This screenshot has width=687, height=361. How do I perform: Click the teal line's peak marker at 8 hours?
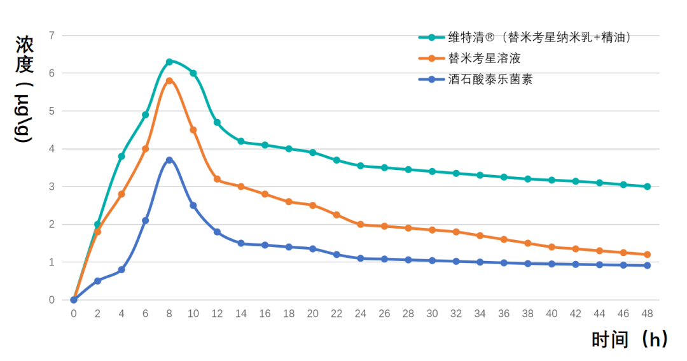pyautogui.click(x=169, y=62)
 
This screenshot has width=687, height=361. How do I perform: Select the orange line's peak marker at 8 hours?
pyautogui.click(x=169, y=81)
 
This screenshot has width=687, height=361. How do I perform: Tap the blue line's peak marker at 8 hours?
pyautogui.click(x=169, y=160)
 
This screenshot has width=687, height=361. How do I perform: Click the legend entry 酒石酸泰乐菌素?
pyautogui.click(x=490, y=80)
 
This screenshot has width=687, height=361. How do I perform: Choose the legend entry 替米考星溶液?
pyautogui.click(x=484, y=59)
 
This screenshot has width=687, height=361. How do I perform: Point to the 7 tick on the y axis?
pyautogui.click(x=52, y=35)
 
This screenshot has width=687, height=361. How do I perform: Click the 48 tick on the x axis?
pyautogui.click(x=647, y=313)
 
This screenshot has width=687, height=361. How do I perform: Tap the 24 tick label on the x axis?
pyautogui.click(x=360, y=313)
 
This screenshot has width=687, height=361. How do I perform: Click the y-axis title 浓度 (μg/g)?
pyautogui.click(x=25, y=89)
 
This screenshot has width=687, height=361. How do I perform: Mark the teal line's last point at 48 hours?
pyautogui.click(x=647, y=187)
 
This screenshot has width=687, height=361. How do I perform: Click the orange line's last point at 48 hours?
pyautogui.click(x=647, y=255)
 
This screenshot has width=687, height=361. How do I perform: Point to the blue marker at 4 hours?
pyautogui.click(x=121, y=270)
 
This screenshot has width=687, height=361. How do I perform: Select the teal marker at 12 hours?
pyautogui.click(x=217, y=122)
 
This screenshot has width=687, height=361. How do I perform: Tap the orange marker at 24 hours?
pyautogui.click(x=360, y=224)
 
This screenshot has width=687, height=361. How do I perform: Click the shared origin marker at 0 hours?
pyautogui.click(x=74, y=300)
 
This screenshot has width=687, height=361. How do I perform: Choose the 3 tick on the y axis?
pyautogui.click(x=52, y=187)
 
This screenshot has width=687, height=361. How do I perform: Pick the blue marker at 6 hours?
pyautogui.click(x=146, y=220)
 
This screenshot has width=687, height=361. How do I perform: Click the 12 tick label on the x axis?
pyautogui.click(x=217, y=313)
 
